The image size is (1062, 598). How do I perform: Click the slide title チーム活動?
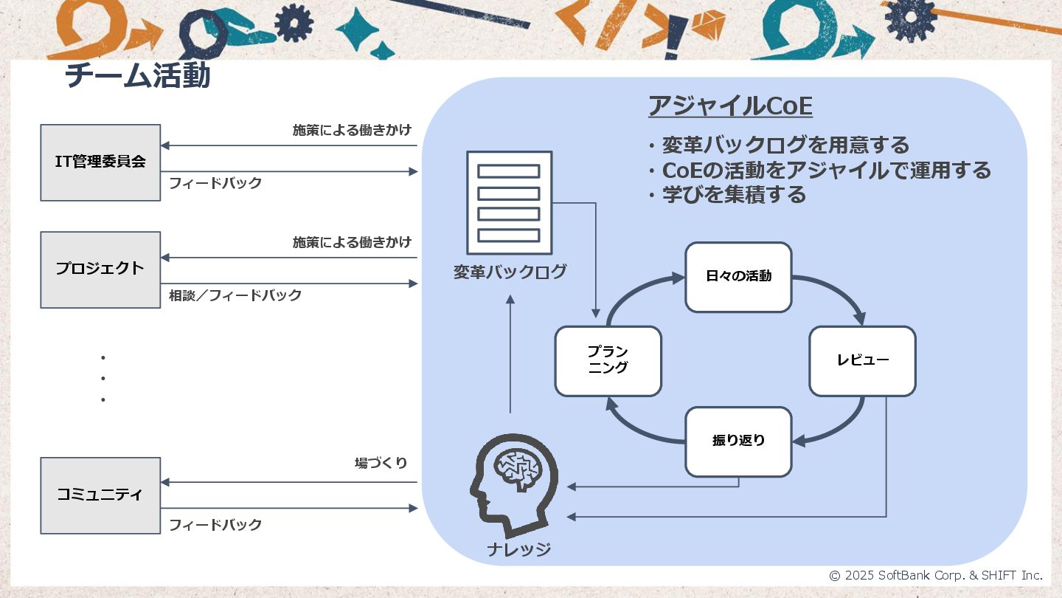(x=138, y=76)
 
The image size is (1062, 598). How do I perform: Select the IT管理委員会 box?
(x=100, y=162)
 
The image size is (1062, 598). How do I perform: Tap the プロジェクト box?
(x=100, y=269)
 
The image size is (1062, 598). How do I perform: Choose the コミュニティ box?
(x=100, y=495)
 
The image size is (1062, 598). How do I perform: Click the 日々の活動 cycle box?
(x=738, y=277)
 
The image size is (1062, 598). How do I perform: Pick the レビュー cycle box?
(x=862, y=361)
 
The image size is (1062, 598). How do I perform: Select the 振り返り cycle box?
(x=738, y=441)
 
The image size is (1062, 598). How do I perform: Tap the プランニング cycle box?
(x=608, y=360)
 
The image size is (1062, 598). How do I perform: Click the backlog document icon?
(x=509, y=202)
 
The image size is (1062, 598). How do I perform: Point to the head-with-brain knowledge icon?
(x=513, y=483)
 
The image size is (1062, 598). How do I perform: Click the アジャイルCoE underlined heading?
(x=730, y=107)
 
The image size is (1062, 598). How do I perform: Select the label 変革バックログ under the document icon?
(x=510, y=272)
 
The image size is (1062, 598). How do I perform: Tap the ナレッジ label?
(x=518, y=550)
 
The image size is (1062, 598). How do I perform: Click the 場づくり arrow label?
(x=381, y=464)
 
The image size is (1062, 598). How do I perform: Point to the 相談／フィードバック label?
(x=235, y=296)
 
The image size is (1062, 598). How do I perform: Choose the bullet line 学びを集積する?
(x=732, y=195)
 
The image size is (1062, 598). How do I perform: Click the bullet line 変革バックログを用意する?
(x=784, y=145)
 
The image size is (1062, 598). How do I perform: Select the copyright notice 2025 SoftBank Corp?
(x=936, y=575)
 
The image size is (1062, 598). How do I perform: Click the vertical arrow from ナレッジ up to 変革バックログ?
(x=510, y=354)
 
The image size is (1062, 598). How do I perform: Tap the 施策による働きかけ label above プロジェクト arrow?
(x=352, y=242)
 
